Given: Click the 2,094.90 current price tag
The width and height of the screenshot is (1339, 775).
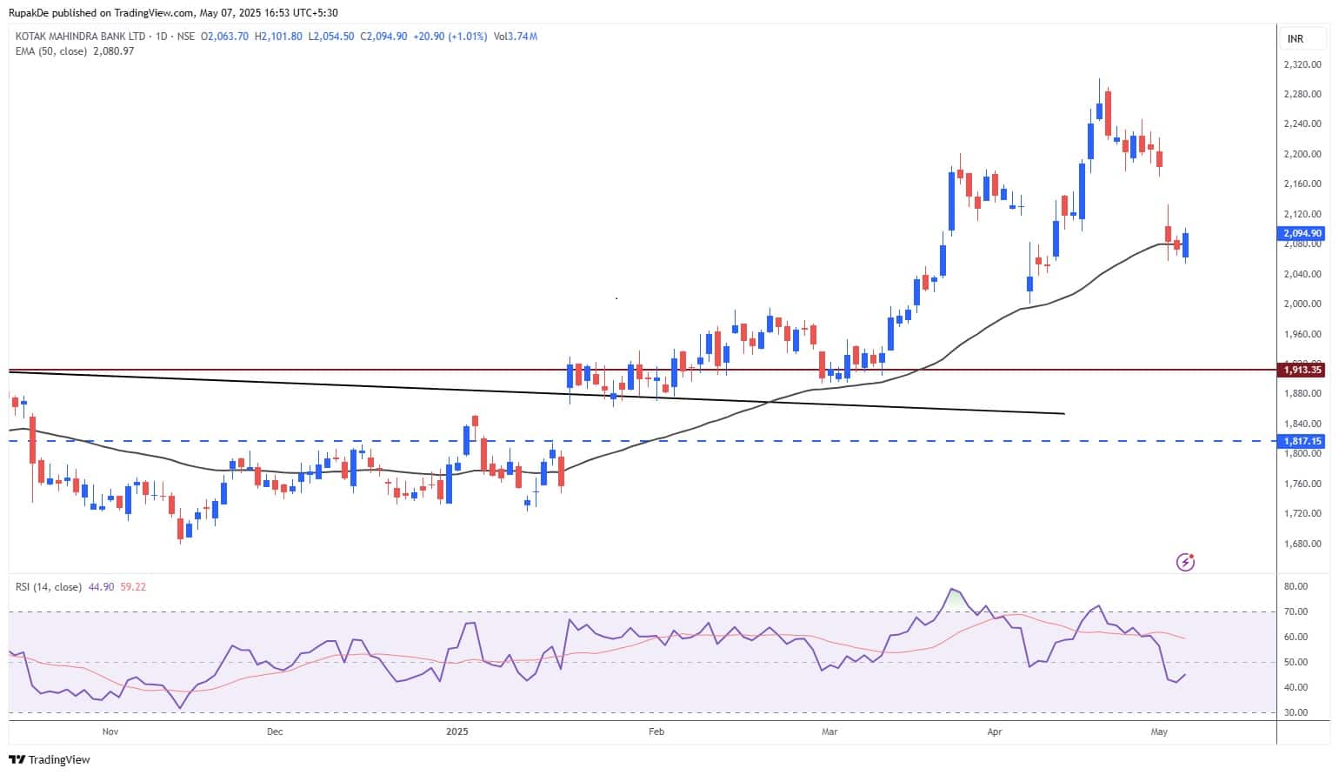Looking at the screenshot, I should coord(1302,233).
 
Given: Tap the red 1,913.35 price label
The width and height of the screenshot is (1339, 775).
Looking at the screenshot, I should coord(1302,370).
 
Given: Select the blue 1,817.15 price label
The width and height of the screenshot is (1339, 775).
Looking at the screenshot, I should coord(1302,441).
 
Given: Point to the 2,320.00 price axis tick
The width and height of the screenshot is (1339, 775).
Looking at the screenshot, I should coord(1302,64).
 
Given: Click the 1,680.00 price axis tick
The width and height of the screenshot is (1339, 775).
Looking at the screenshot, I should coord(1302,544).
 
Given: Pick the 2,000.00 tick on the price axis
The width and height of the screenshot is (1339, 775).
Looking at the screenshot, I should coord(1302,304).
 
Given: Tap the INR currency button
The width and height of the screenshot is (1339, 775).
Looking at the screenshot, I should coord(1295,39).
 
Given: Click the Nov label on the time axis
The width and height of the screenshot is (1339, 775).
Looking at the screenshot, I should coord(110,732).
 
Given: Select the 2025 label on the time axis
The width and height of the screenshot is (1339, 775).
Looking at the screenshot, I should coord(456,732).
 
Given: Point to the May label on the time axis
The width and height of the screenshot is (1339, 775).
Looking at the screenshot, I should coord(1158,732).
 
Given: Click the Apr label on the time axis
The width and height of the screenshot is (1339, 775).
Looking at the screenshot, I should coord(994,732).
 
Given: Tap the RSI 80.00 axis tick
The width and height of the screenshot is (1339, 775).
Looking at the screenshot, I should coord(1296,586).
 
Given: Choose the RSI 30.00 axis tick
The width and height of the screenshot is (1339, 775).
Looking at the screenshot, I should coord(1296,712).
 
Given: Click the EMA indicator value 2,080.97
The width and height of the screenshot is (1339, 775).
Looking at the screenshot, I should coord(113,51).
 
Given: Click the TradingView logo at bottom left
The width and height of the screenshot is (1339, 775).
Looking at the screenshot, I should coord(50,759).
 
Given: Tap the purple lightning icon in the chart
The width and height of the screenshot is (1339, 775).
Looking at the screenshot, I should coord(1185,562).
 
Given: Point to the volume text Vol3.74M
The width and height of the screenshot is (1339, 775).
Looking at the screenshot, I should coord(515,37).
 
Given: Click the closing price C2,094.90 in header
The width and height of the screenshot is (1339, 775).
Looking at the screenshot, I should coord(383,37).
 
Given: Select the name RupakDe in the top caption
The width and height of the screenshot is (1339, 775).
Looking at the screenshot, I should coord(28,12).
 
